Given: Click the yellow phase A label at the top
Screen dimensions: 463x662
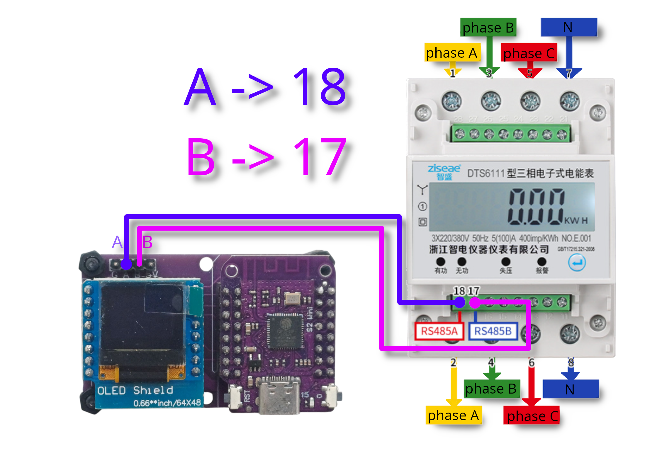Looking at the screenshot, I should [x=452, y=52].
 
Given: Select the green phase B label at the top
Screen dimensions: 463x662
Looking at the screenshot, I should [x=488, y=28].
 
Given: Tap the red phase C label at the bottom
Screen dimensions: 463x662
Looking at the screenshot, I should [x=531, y=415].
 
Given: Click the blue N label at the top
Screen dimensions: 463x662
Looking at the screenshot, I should [x=568, y=27].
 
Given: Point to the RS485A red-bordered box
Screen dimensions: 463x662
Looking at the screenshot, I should [x=439, y=331].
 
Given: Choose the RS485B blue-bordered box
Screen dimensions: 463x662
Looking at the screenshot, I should [x=493, y=331].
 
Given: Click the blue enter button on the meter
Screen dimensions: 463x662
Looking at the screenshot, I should [x=577, y=263].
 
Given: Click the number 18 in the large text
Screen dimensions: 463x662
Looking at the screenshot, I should [x=319, y=86].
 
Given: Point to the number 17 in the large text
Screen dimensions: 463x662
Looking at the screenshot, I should [x=319, y=157].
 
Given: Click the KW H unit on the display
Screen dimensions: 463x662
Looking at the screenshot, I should [x=576, y=221].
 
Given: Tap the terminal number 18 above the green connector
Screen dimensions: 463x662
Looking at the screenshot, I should [x=459, y=291].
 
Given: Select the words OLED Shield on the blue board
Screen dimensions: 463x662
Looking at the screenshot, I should [x=135, y=390].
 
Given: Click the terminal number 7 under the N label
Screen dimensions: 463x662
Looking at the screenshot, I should [x=568, y=73].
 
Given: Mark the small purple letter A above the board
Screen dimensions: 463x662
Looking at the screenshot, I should [x=117, y=242].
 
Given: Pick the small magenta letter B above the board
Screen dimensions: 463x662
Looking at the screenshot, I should [x=147, y=242].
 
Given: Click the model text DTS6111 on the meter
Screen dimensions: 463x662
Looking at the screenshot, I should [x=486, y=173].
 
